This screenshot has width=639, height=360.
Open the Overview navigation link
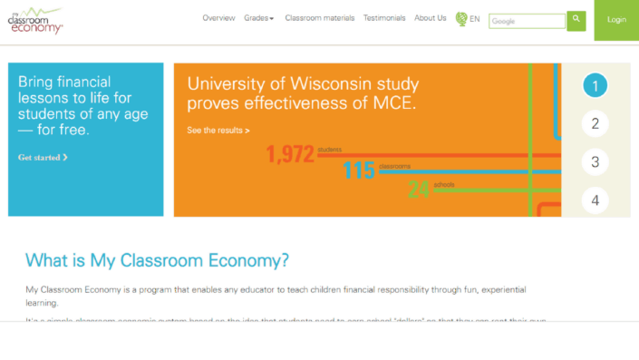pyautogui.click(x=218, y=18)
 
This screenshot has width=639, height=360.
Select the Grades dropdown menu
pyautogui.click(x=259, y=18)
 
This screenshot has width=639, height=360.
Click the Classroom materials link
pyautogui.click(x=319, y=18)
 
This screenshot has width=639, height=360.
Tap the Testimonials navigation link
pyautogui.click(x=384, y=18)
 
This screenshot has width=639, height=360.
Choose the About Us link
pyautogui.click(x=431, y=18)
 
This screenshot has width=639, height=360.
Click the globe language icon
pyautogui.click(x=461, y=19)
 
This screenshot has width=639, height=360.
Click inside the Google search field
pyautogui.click(x=527, y=21)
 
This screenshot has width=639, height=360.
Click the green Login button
pyautogui.click(x=616, y=20)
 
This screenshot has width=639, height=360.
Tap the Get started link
pyautogui.click(x=43, y=158)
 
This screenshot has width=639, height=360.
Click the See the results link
pyautogui.click(x=218, y=131)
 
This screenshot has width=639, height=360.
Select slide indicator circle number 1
pyautogui.click(x=595, y=86)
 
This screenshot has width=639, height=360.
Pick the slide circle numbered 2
pyautogui.click(x=595, y=124)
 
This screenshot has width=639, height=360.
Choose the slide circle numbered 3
pyautogui.click(x=595, y=162)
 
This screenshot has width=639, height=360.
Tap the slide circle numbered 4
pyautogui.click(x=595, y=200)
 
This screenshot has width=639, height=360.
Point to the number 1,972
pyautogui.click(x=289, y=155)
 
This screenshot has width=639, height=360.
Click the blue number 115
pyautogui.click(x=359, y=170)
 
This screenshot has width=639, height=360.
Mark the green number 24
pyautogui.click(x=419, y=189)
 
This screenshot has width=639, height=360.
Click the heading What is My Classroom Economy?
pyautogui.click(x=157, y=261)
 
